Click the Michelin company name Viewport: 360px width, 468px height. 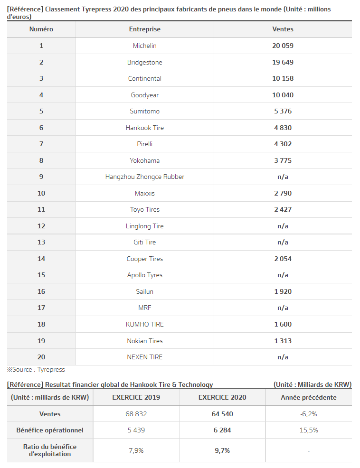click(x=144, y=46)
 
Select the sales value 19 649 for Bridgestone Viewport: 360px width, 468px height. click(x=283, y=62)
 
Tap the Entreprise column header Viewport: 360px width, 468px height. click(x=144, y=29)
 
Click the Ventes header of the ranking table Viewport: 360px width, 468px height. click(x=283, y=29)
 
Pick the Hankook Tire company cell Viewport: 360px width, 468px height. click(x=144, y=128)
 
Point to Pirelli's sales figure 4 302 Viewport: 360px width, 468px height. click(x=283, y=144)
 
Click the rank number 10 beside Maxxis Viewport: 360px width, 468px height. click(x=41, y=193)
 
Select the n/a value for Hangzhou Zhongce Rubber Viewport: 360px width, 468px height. click(x=283, y=177)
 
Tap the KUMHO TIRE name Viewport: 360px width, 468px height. click(x=144, y=324)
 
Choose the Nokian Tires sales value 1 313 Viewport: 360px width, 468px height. click(x=283, y=341)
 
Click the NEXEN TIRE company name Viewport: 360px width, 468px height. click(x=144, y=357)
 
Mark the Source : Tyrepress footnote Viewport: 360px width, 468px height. click(x=36, y=369)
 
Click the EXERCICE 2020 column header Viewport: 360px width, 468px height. click(x=222, y=397)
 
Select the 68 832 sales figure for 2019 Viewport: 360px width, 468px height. click(x=136, y=414)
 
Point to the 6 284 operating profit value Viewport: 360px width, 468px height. click(x=222, y=430)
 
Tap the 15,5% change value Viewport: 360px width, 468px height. click(x=309, y=430)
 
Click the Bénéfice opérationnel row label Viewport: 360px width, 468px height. click(x=50, y=430)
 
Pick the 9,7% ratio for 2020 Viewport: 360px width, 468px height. click(x=222, y=450)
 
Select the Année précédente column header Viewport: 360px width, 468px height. click(x=309, y=397)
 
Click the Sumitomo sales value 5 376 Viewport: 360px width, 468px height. click(x=283, y=111)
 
